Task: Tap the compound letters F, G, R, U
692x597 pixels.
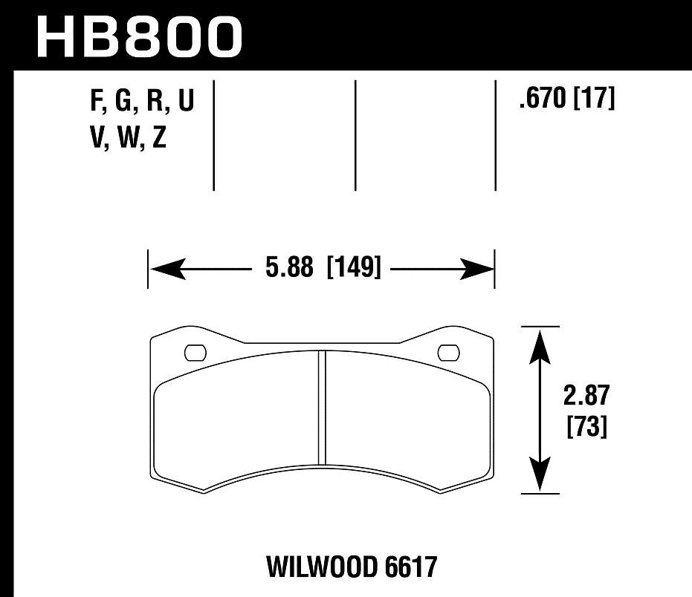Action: pyautogui.click(x=141, y=102)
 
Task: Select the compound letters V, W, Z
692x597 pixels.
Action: pyautogui.click(x=127, y=137)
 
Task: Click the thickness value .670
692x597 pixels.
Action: pyautogui.click(x=543, y=98)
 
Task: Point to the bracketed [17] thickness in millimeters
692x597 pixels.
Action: pyautogui.click(x=594, y=98)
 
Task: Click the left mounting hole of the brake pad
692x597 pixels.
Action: pyautogui.click(x=195, y=352)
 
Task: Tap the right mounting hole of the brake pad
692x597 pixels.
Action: pyautogui.click(x=449, y=352)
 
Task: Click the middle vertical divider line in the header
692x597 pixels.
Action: pyautogui.click(x=355, y=134)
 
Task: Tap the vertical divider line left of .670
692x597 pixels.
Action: pyautogui.click(x=495, y=134)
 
